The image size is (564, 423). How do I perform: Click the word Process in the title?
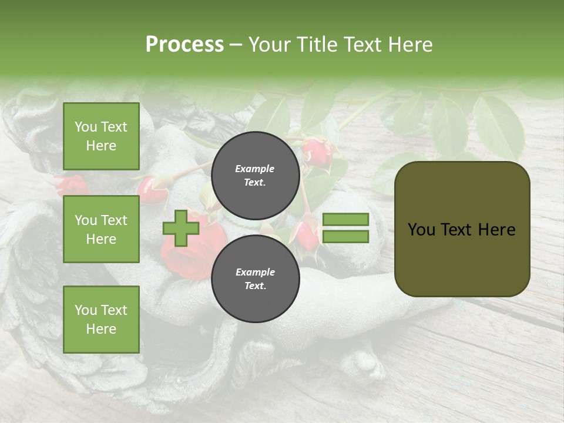point(184,45)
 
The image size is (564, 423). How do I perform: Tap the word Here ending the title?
point(410,45)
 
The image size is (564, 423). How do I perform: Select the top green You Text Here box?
point(101,136)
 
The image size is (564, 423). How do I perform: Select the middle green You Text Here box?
point(101,229)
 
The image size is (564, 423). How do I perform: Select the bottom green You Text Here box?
point(101,320)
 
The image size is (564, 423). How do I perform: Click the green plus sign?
point(181,228)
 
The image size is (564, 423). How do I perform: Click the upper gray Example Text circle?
point(255,175)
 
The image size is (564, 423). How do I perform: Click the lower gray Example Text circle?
point(255,278)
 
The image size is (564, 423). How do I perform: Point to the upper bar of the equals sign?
point(345,219)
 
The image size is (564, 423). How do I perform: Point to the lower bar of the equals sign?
point(345,237)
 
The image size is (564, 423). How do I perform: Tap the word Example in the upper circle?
point(255,169)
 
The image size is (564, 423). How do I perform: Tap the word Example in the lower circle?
point(255,272)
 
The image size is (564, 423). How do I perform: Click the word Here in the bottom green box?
point(101,329)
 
